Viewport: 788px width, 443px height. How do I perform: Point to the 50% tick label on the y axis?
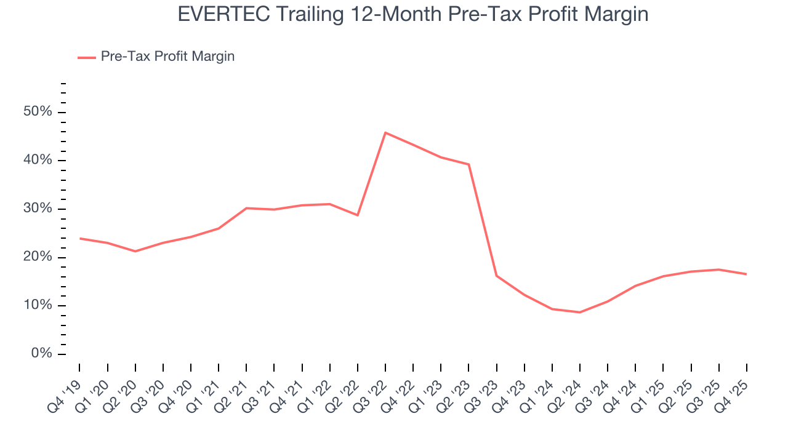(x=38, y=112)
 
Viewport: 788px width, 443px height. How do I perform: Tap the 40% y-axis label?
(x=38, y=161)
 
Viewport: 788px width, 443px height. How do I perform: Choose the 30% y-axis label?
(x=38, y=209)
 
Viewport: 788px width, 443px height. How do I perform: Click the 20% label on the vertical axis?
(x=38, y=257)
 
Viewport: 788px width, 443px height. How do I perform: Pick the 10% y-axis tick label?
(x=38, y=306)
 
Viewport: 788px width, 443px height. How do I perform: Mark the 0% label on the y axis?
(x=41, y=354)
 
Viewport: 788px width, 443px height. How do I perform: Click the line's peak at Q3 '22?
(x=385, y=132)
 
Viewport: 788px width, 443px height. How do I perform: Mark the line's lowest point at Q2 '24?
(x=580, y=312)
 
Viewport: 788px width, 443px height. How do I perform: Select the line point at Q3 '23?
(x=496, y=276)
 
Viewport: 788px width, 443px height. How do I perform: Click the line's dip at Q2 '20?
(x=135, y=251)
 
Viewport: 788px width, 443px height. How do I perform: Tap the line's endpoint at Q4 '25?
(x=746, y=274)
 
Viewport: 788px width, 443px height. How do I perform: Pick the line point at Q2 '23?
(x=468, y=164)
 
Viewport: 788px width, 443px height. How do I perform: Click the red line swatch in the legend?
(x=86, y=57)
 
